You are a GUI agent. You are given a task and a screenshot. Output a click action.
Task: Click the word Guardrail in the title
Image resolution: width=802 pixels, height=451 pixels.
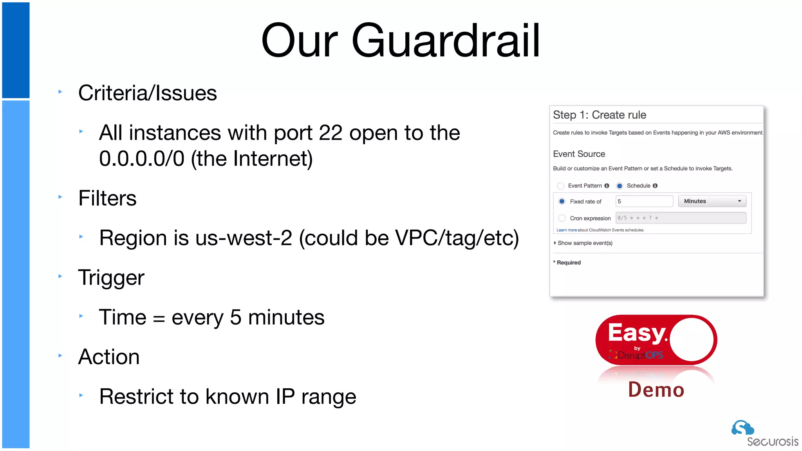coord(446,41)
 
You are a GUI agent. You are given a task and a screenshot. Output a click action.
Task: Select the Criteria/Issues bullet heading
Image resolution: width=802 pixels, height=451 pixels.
coord(147,93)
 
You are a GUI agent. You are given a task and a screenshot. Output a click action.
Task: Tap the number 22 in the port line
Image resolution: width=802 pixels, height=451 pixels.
coord(331,133)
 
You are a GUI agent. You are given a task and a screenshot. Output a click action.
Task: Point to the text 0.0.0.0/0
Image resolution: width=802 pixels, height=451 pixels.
coord(141,159)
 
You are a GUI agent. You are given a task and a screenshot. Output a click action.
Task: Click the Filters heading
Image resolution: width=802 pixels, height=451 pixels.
coord(107,198)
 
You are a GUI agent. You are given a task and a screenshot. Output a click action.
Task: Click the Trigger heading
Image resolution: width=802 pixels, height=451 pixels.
coord(111,278)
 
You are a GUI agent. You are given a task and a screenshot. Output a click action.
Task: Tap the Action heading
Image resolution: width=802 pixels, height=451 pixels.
coord(109,357)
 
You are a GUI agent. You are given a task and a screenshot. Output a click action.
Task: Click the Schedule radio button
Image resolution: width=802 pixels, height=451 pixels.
coord(620,186)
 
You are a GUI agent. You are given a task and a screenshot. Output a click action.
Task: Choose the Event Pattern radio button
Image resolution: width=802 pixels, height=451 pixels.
coord(561,186)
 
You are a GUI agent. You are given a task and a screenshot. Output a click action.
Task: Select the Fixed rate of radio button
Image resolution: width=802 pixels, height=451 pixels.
coord(562,201)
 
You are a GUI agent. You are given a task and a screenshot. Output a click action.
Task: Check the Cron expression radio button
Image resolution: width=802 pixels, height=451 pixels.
coord(562,218)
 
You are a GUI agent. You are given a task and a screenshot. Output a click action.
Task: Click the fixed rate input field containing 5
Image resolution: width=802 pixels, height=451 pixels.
coord(644,201)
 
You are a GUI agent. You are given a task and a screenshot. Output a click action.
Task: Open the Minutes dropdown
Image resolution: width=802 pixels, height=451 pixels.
coord(712,201)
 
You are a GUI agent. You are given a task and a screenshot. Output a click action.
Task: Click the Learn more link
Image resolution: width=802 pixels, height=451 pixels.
coord(566,230)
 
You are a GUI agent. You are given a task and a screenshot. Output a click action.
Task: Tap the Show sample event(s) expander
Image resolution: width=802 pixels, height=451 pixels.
coord(583,243)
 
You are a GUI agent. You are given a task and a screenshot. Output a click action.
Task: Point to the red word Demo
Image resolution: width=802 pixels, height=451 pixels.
coord(656,390)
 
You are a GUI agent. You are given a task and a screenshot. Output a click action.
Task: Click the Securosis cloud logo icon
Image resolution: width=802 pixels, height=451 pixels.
coord(742,428)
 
